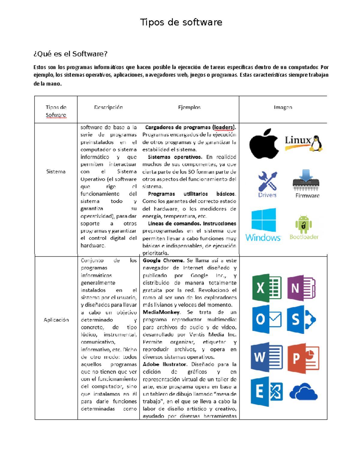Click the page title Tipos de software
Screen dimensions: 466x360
181,22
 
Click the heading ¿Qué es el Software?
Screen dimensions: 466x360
70,54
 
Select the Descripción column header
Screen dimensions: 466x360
108,107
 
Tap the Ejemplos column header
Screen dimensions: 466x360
189,107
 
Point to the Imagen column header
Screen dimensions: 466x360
283,107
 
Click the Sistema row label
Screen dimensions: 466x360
56,171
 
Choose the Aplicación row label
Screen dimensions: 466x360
56,320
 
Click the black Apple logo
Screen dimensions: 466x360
264,144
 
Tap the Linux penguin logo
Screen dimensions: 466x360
304,143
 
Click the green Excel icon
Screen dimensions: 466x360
266,288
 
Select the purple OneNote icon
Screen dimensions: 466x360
301,288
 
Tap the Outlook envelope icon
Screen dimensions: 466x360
266,320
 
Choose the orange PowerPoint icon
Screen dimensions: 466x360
303,358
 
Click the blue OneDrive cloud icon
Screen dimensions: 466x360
303,392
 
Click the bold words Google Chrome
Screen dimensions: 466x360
163,260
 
